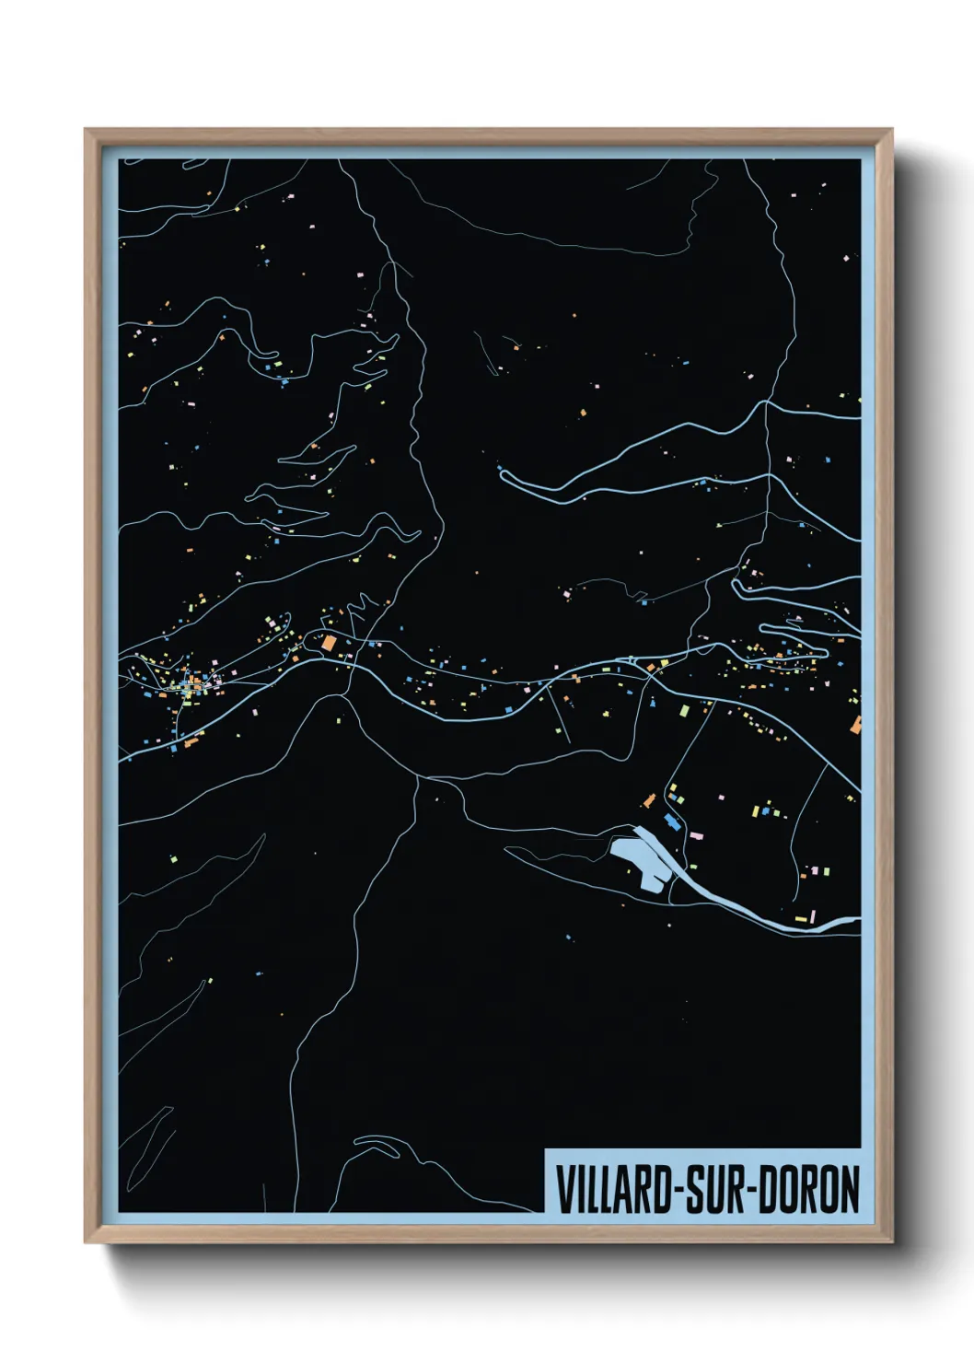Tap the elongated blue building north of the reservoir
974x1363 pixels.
pyautogui.click(x=672, y=821)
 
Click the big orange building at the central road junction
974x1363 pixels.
pyautogui.click(x=329, y=643)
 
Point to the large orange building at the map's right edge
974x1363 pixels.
pyautogui.click(x=856, y=726)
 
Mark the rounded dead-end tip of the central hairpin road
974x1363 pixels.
pyautogui.click(x=502, y=473)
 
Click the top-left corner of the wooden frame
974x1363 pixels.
pyautogui.click(x=86, y=130)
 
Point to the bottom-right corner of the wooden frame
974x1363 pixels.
pyautogui.click(x=891, y=1243)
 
